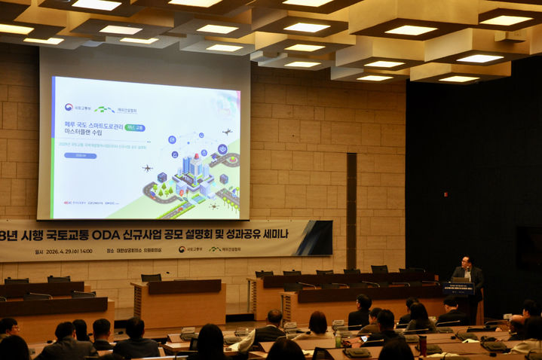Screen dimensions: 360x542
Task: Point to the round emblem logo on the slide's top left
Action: tap(69, 108)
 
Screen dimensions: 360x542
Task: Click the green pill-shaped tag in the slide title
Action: tap(134, 128)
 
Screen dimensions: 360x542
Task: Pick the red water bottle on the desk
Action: tap(423, 344)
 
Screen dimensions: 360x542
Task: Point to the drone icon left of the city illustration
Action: tap(147, 168)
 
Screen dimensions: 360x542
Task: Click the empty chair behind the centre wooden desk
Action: tap(151, 277)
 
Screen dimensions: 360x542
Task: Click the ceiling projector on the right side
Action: tap(512, 35)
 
